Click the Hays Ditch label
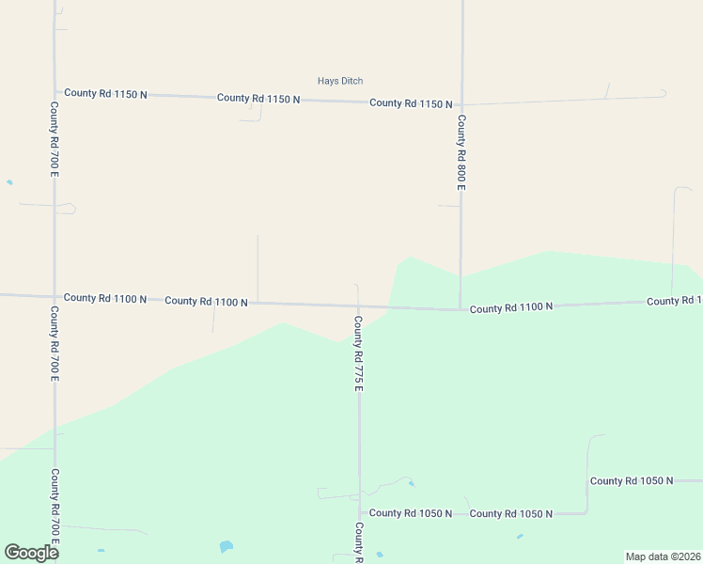point(340,81)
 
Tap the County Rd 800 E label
point(461,152)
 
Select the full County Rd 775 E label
point(358,353)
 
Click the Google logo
point(31,552)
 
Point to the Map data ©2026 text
point(663,556)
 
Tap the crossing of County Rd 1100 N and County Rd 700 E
point(55,297)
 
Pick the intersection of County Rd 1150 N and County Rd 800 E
point(461,104)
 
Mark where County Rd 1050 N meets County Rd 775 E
point(359,513)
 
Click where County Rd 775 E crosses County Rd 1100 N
point(358,305)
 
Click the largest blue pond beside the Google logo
point(226,546)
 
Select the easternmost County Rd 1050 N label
point(632,480)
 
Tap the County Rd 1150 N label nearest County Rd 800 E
point(411,103)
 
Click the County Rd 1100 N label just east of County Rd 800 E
point(511,307)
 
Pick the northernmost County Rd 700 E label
point(55,140)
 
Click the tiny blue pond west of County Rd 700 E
point(9,182)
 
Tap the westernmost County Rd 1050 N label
point(411,513)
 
